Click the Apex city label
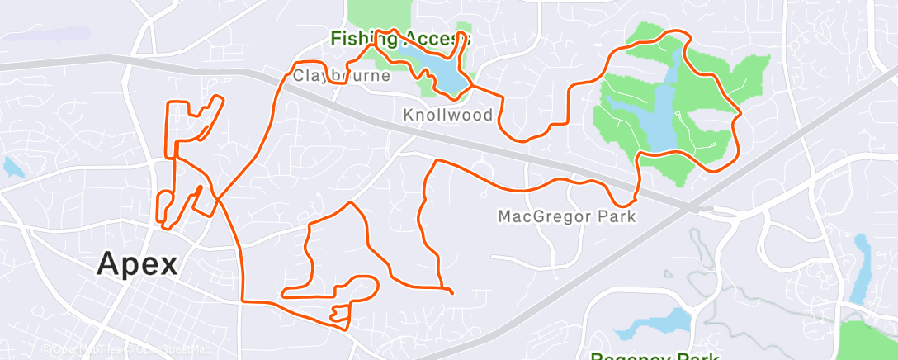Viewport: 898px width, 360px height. [137, 263]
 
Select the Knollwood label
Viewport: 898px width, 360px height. [447, 115]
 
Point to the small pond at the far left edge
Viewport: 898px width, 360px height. [12, 168]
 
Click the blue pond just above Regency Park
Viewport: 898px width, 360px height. [673, 320]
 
